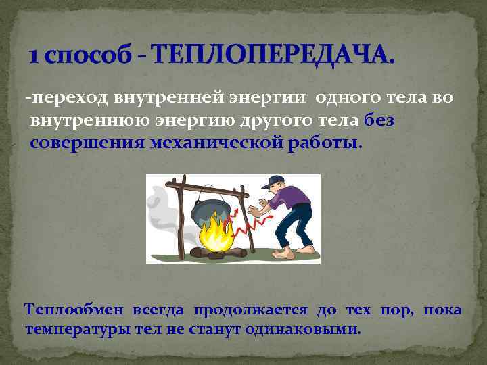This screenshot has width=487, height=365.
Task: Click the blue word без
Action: click(x=383, y=121)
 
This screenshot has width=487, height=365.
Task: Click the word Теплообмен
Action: click(x=74, y=310)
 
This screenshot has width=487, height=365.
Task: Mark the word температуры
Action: click(x=75, y=331)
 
